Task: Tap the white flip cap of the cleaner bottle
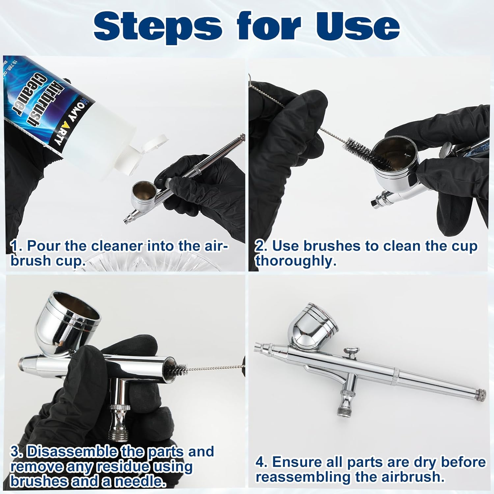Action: click(x=145, y=155)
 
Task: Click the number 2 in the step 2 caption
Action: click(x=260, y=246)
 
